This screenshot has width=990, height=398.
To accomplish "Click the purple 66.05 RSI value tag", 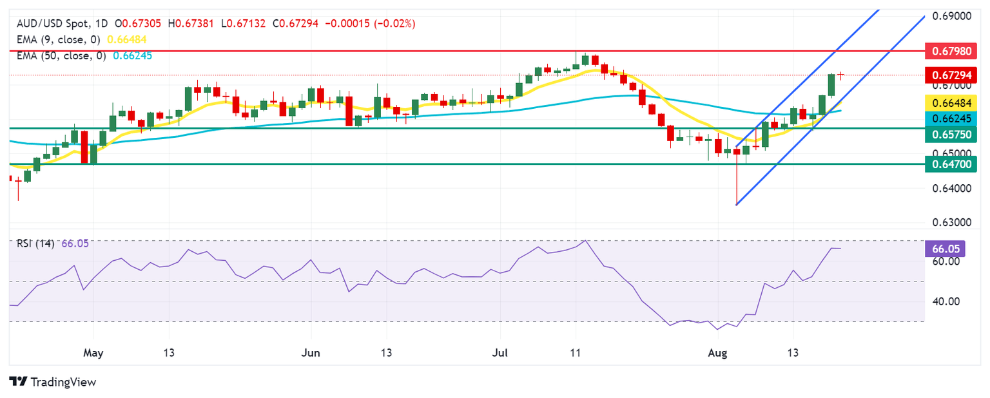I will [942, 248].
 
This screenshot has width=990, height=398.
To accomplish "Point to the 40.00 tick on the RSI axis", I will [942, 301].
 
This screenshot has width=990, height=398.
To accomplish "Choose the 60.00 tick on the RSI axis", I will [942, 261].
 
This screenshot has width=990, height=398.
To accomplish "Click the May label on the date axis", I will [94, 353].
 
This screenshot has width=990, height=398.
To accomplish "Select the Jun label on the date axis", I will [311, 353].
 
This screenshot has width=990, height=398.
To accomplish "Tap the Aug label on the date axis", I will [717, 353].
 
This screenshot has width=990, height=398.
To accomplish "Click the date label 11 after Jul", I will [576, 353].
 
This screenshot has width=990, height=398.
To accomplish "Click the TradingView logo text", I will [62, 382].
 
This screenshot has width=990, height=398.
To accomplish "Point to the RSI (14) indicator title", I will [36, 243].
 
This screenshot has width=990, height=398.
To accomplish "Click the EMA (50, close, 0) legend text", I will [62, 55].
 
